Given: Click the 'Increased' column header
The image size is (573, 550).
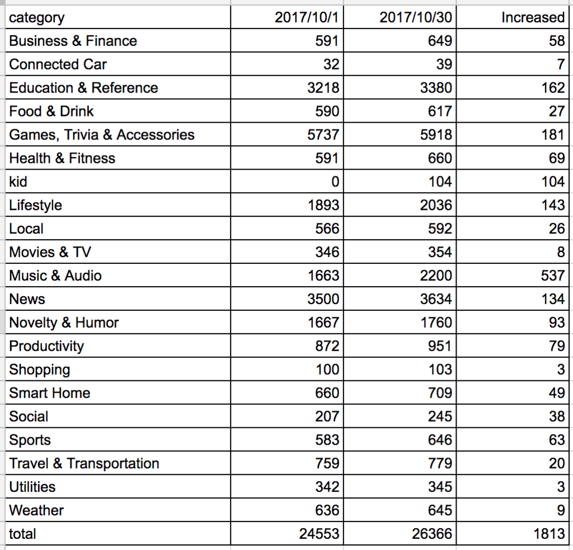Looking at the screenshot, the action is (533, 17).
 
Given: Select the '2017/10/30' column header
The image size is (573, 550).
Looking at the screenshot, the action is (416, 17).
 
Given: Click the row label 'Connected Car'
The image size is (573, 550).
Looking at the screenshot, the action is (58, 64).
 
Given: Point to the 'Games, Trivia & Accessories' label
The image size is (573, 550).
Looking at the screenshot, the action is (102, 135).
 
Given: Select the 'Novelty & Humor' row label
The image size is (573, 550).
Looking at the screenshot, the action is (64, 323).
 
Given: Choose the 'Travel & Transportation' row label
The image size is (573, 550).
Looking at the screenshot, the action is (84, 463).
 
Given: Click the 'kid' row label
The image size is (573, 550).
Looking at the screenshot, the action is (18, 182).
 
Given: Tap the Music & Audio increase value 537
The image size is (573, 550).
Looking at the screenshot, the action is (553, 276).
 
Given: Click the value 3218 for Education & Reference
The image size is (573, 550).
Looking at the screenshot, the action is (323, 88).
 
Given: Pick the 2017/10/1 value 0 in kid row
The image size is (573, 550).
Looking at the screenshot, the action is (335, 182).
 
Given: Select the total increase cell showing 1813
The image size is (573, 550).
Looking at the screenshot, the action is (549, 534).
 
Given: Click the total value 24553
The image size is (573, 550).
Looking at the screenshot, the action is (319, 534).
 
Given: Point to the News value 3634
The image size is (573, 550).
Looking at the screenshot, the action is (436, 299).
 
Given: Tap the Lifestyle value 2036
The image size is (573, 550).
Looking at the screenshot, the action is (436, 205).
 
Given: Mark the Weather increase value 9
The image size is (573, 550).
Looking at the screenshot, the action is (561, 510).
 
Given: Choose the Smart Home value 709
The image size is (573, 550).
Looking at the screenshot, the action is (440, 393).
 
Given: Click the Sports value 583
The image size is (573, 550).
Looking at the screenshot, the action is (327, 440).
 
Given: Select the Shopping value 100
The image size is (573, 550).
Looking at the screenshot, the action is (327, 370).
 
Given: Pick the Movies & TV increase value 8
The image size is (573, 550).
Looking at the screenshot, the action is (561, 253).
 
